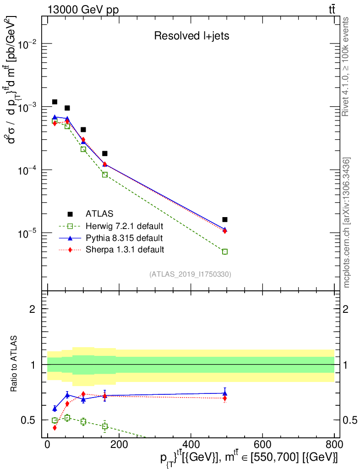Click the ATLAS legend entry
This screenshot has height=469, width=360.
click(x=98, y=214)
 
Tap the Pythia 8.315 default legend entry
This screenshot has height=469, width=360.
click(x=124, y=238)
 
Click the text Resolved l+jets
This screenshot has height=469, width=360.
click(x=191, y=36)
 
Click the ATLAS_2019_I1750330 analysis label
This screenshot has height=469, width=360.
click(x=190, y=274)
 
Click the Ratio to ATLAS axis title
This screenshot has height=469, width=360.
click(x=14, y=364)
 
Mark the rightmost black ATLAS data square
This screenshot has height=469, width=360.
click(x=225, y=219)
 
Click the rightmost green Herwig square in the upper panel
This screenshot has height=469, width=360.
click(x=225, y=251)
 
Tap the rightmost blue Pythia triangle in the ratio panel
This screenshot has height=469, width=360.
click(x=225, y=393)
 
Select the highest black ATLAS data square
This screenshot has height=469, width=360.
click(x=55, y=102)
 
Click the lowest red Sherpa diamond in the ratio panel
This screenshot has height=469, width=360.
click(x=55, y=428)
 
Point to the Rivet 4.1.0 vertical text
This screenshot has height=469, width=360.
click(x=347, y=66)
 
